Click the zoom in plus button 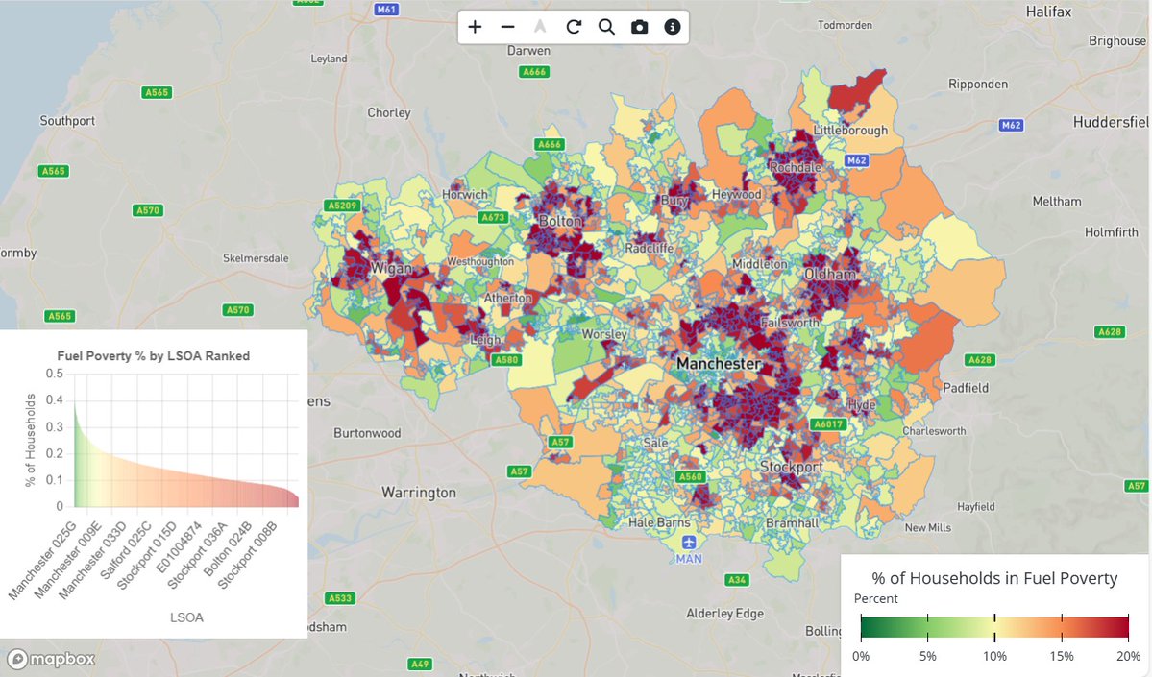coord(475,27)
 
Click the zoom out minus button coord(507,27)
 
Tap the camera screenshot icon coord(639,27)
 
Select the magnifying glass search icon coord(606,27)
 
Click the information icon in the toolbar coord(673,27)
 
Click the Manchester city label coord(718,364)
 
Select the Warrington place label coord(419,493)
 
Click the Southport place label coord(67,121)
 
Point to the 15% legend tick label coord(1061,656)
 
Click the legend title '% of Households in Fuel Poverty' coord(994,578)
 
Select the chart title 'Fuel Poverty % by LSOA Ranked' coord(154,355)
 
